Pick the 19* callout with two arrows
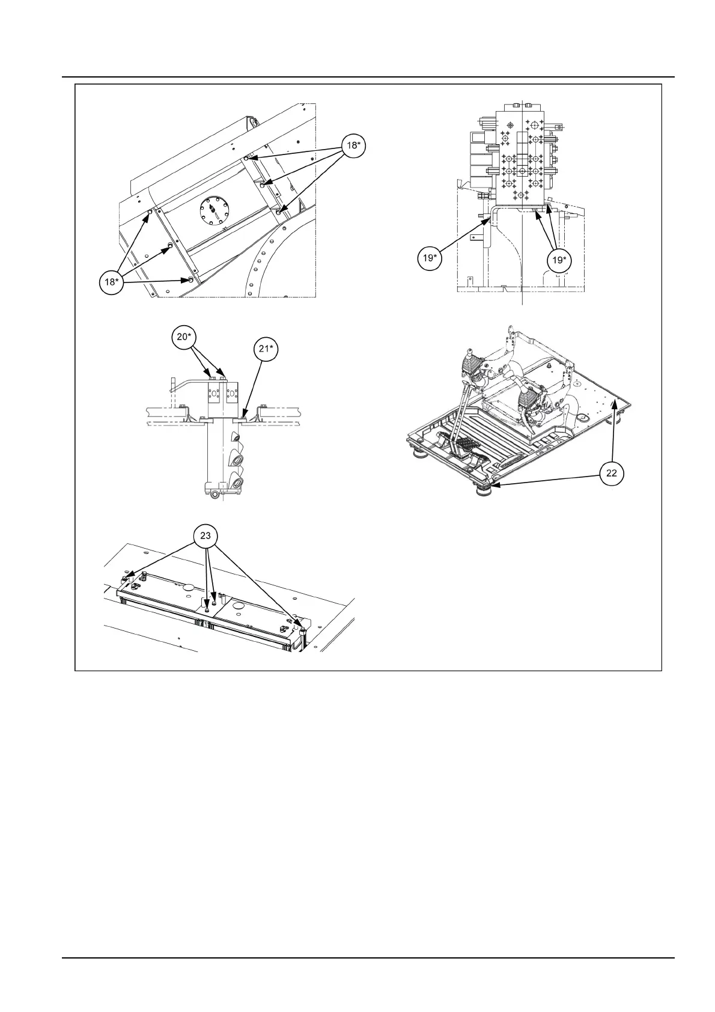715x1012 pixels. coord(558,260)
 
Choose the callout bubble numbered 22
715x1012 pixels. coord(611,473)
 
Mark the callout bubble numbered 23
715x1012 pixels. coord(205,535)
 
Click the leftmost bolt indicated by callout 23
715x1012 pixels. coord(124,578)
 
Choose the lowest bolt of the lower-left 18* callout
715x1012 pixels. coord(190,280)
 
